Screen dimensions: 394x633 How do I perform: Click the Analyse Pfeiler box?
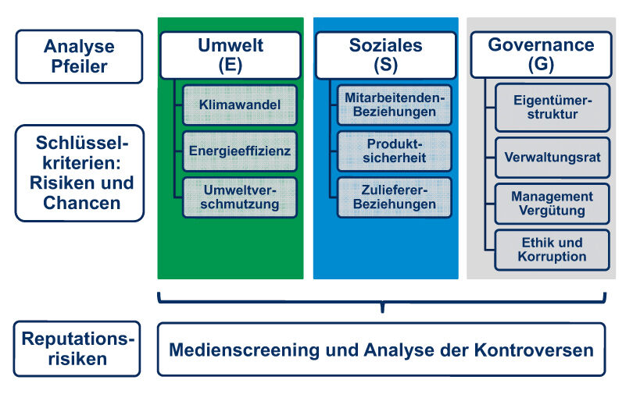(x=78, y=56)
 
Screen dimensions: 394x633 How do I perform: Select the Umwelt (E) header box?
(x=230, y=55)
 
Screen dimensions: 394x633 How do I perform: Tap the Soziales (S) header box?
(x=385, y=55)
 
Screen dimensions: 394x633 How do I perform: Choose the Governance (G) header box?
(x=541, y=55)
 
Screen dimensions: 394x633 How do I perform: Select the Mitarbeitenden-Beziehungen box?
(x=394, y=105)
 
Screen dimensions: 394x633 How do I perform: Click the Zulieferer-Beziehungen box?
(x=394, y=197)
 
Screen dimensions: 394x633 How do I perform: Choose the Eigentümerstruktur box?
(x=552, y=108)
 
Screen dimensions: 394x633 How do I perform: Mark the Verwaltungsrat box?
(x=552, y=157)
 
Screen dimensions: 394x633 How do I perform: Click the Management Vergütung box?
(x=552, y=204)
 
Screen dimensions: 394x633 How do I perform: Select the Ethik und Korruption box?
(x=552, y=250)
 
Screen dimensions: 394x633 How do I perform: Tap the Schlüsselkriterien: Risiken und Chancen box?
(x=78, y=173)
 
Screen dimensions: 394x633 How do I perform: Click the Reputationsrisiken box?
(x=78, y=349)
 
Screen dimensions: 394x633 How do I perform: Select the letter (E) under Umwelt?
(x=230, y=65)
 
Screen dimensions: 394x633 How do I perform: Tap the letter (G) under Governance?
(x=541, y=65)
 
